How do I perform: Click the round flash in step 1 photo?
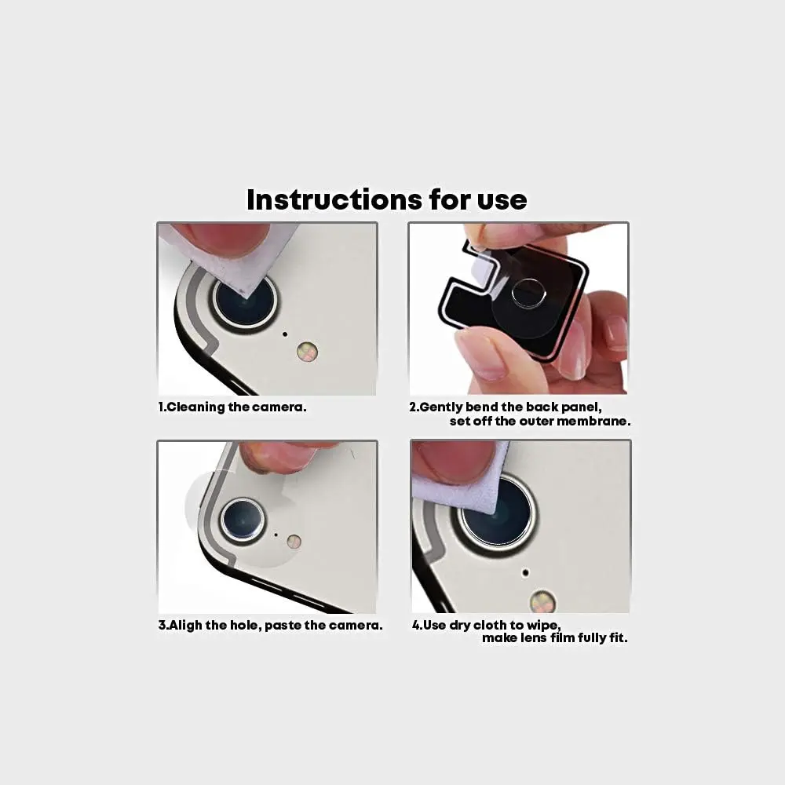point(307,352)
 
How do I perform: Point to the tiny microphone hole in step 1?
point(284,334)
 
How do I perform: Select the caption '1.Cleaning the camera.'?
point(232,407)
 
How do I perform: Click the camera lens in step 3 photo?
point(242,519)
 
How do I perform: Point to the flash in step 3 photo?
point(294,541)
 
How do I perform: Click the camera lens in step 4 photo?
point(497,514)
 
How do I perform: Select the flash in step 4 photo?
point(542,602)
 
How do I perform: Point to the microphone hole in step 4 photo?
point(524,572)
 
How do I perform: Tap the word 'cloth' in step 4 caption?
point(490,626)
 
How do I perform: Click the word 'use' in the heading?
point(502,199)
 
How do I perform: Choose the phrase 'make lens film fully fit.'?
point(554,638)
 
